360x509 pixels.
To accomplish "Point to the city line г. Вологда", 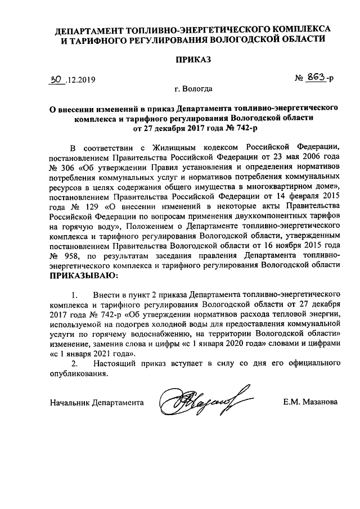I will tap(193, 89).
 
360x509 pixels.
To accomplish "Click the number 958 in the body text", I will tap(74, 255).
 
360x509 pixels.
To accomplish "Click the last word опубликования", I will tap(78, 373).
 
